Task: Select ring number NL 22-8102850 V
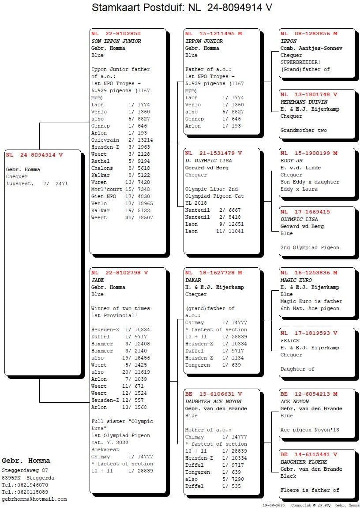click(116, 34)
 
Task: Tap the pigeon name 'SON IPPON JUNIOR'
click(116, 41)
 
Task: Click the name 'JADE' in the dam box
click(97, 280)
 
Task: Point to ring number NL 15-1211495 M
click(214, 34)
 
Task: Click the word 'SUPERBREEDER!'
click(300, 62)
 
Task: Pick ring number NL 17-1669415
click(305, 212)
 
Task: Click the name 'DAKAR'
click(193, 280)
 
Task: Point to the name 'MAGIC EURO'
click(296, 280)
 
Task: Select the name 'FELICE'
click(290, 341)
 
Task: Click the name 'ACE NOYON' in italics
click(295, 401)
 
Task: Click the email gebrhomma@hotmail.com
click(34, 499)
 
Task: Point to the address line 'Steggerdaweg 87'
click(25, 471)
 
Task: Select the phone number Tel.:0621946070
click(25, 485)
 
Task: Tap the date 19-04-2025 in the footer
click(273, 505)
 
